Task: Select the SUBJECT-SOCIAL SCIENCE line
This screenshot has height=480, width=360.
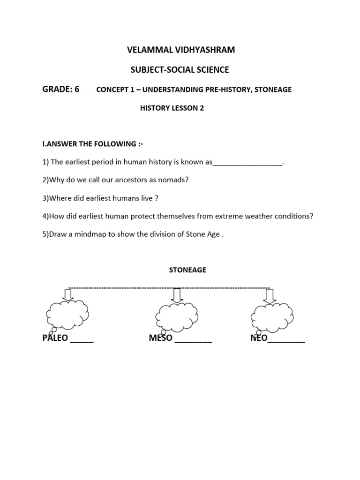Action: coord(180,70)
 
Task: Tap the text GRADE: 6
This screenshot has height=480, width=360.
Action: coord(61,89)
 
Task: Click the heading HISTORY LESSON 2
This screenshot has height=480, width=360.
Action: coord(172,108)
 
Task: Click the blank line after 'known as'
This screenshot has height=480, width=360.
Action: coord(247,163)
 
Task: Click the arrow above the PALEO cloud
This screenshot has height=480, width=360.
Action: coord(68,294)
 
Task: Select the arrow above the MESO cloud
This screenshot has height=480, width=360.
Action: coord(176,294)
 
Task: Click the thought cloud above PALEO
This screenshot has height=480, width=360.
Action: coord(67,314)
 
